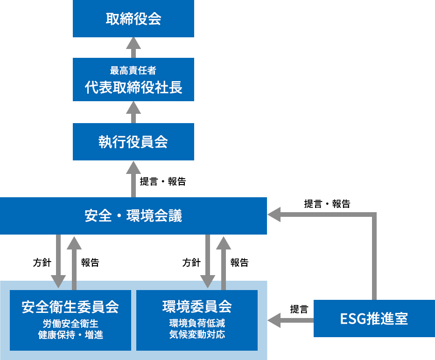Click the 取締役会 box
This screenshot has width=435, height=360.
click(133, 19)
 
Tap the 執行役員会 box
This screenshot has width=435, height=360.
click(133, 142)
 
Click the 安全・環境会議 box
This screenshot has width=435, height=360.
click(133, 216)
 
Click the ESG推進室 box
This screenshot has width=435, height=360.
click(374, 318)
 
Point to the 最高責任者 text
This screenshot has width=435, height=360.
click(133, 71)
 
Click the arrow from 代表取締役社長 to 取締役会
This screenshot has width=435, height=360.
click(133, 47)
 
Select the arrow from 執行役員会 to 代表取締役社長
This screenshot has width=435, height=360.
click(133, 112)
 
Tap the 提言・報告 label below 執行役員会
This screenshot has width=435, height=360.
click(163, 181)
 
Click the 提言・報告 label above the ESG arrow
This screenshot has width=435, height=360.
click(327, 203)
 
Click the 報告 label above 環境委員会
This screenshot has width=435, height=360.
click(239, 263)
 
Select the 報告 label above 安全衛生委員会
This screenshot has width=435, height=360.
click(90, 263)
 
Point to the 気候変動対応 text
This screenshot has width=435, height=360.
click(196, 334)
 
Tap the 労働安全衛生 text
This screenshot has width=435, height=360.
click(70, 324)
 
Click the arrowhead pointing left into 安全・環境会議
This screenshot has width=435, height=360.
click(274, 215)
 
